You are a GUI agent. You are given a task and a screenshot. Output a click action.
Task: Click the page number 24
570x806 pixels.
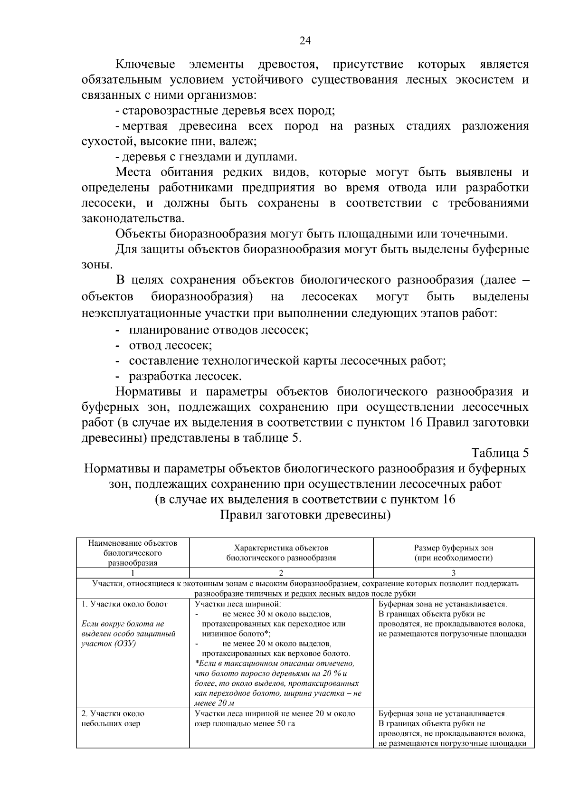pyautogui.click(x=304, y=41)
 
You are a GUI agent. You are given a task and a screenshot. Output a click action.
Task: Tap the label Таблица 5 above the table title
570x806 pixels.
pyautogui.click(x=500, y=453)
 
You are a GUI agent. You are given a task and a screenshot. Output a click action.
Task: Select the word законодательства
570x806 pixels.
pyautogui.click(x=132, y=219)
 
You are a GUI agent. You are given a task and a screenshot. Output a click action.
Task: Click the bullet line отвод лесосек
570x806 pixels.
pyautogui.click(x=170, y=345)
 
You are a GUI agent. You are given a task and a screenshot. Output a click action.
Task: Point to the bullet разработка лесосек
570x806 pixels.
pyautogui.click(x=185, y=377)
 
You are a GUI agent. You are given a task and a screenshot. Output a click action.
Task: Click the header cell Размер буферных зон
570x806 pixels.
pyautogui.click(x=453, y=548)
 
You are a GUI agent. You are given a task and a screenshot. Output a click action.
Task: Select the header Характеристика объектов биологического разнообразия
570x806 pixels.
pyautogui.click(x=281, y=553)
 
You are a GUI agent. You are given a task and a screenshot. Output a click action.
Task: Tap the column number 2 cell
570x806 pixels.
pyautogui.click(x=281, y=573)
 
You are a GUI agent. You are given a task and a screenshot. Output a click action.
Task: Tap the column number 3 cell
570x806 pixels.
pyautogui.click(x=453, y=573)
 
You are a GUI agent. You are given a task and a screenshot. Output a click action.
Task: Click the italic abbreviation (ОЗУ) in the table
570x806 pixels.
pyautogui.click(x=125, y=644)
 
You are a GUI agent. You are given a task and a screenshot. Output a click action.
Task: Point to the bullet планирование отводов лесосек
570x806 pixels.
pyautogui.click(x=218, y=330)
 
